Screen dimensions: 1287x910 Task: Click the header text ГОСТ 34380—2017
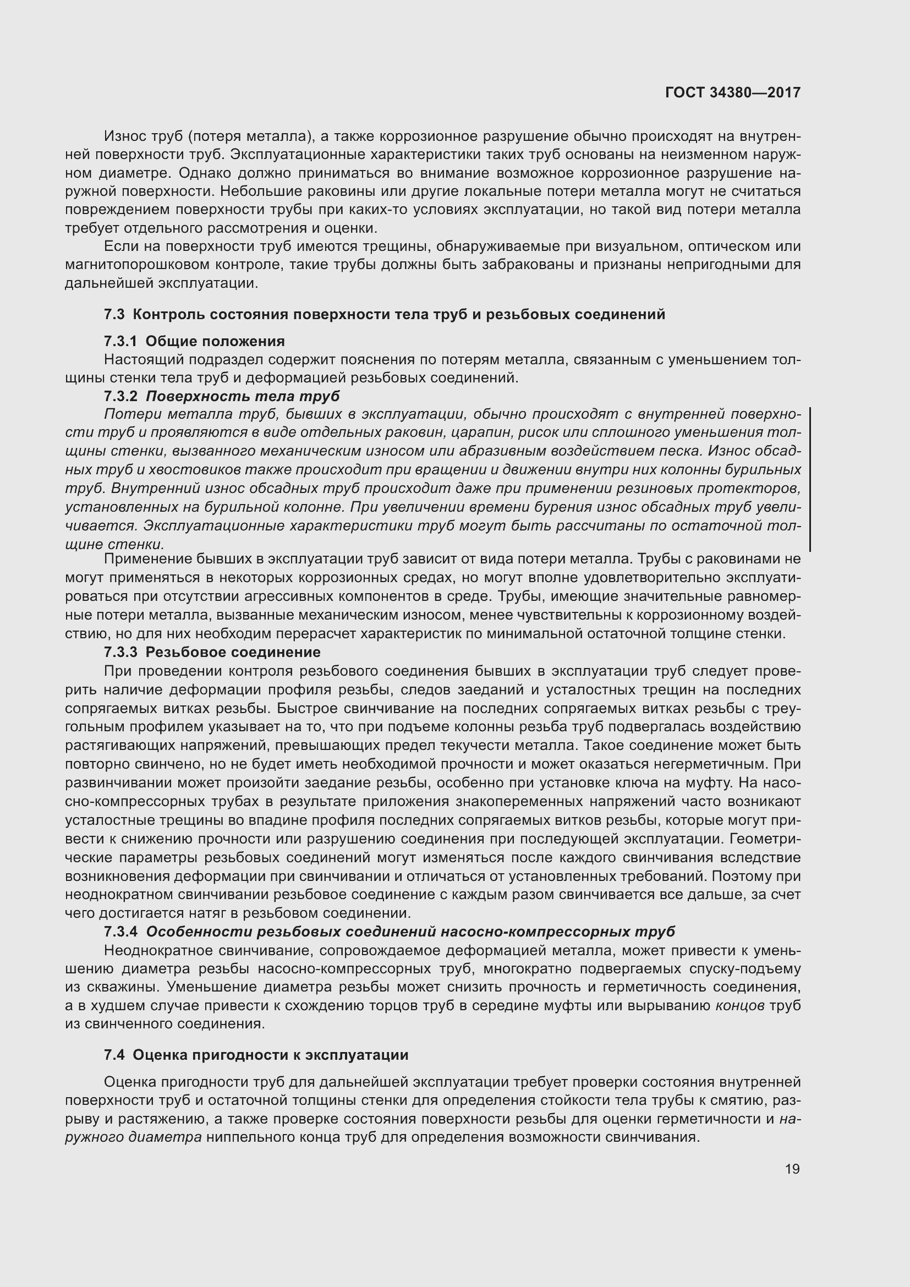[x=732, y=92]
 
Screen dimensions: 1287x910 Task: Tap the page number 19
[x=792, y=1169]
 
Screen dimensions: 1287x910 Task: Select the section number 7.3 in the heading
[x=114, y=315]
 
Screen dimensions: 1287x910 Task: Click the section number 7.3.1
[x=120, y=341]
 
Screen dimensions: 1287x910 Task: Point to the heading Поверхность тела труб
[x=243, y=396]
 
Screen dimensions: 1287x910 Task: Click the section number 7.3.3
[x=120, y=652]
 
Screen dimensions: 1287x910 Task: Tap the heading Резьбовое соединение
[x=233, y=652]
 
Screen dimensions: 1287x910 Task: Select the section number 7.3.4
[x=120, y=932]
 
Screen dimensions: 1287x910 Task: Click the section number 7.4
[x=114, y=1055]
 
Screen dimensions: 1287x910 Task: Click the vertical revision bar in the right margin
[x=810, y=479]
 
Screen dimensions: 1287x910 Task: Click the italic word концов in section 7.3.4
[x=739, y=1006]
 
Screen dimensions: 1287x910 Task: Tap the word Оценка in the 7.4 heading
[x=160, y=1055]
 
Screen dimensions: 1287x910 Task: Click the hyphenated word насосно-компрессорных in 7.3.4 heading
[x=535, y=932]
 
